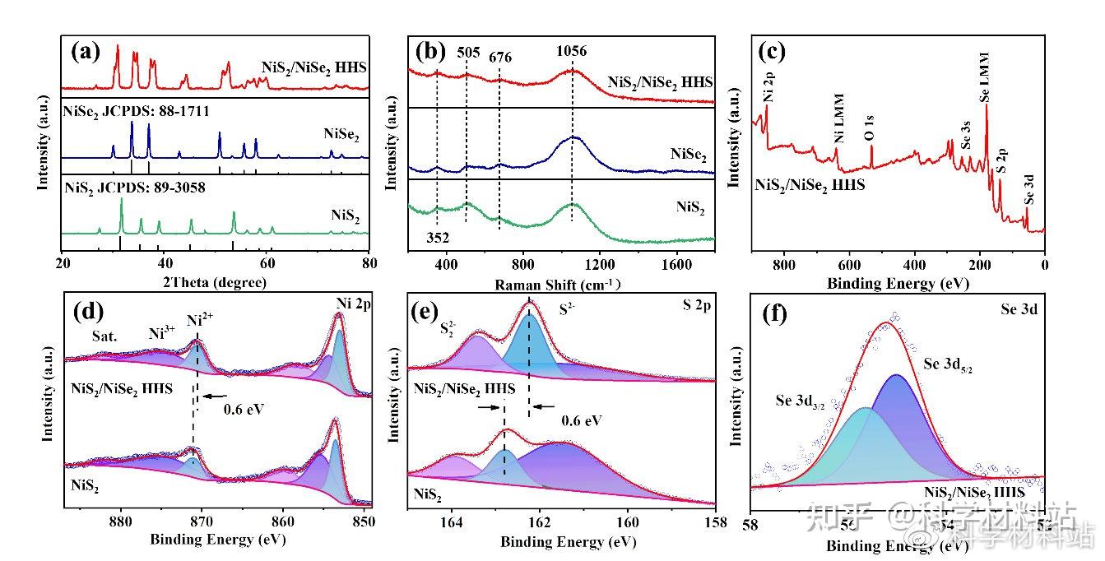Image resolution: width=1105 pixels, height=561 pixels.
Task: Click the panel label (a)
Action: click(86, 52)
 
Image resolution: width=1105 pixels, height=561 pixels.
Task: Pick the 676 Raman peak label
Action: click(500, 57)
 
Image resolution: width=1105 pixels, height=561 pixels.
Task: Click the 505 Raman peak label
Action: click(467, 50)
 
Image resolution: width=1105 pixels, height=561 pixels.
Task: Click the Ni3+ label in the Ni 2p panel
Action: click(162, 333)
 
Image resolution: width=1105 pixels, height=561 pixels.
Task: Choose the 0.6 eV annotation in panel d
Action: click(244, 407)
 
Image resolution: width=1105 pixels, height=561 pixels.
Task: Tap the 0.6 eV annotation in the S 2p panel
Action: click(582, 420)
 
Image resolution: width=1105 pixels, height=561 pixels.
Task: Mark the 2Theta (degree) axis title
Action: click(216, 283)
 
